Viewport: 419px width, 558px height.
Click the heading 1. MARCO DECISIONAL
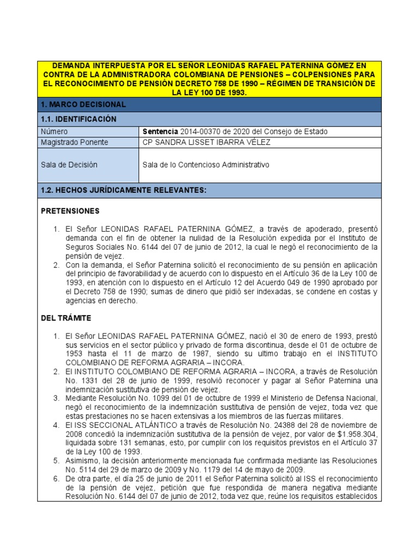point(83,104)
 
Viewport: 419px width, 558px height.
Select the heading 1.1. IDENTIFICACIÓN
point(79,119)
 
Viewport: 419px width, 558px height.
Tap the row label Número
point(54,131)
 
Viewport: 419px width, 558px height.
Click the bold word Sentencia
point(160,131)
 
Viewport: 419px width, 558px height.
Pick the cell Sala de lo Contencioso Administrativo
point(206,165)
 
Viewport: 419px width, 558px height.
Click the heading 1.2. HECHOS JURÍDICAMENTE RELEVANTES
point(124,190)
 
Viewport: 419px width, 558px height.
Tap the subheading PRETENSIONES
point(70,210)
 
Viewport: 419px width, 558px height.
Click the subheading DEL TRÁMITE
point(66,318)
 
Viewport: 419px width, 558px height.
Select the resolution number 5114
point(89,469)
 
